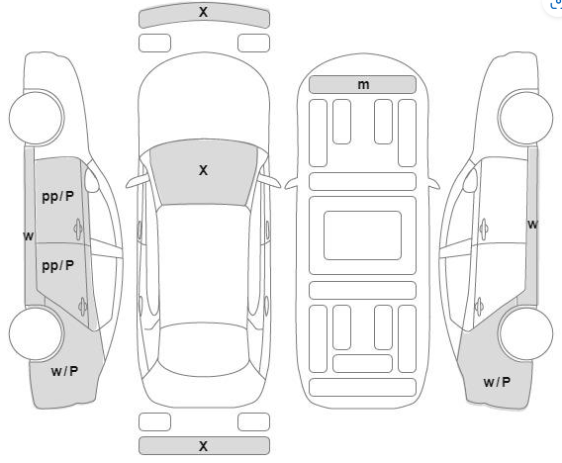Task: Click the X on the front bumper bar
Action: coord(203,12)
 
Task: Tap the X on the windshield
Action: coord(203,170)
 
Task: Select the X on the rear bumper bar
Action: coord(203,446)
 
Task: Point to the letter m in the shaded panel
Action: coord(363,84)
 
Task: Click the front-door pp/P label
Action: coord(57,197)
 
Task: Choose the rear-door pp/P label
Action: coord(57,266)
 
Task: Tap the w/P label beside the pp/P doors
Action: coord(64,371)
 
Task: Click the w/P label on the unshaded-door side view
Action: coord(497,382)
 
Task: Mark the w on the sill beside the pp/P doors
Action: coord(29,236)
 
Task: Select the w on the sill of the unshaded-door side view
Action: coord(533,225)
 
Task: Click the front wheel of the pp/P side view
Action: coord(37,118)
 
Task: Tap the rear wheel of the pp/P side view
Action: coord(37,333)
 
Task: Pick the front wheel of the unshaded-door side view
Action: coord(525,118)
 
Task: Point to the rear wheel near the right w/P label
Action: coord(525,333)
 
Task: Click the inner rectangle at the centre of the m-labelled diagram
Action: coord(362,235)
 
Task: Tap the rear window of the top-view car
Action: coord(204,349)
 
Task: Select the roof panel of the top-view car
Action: coord(203,265)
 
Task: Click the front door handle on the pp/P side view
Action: coord(78,229)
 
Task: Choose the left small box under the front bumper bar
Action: coord(154,43)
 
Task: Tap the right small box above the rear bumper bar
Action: coord(253,421)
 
